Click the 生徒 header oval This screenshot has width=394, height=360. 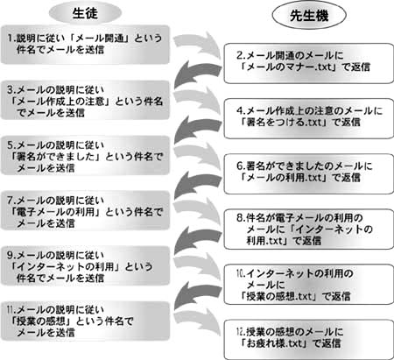(85, 13)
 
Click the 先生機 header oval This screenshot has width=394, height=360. (309, 15)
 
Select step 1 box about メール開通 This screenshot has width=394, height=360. (85, 45)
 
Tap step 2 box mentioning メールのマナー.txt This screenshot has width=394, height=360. (309, 63)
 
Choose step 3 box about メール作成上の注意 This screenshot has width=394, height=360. (85, 100)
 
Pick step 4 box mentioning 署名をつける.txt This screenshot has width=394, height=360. (309, 118)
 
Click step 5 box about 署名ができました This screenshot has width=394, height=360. (85, 155)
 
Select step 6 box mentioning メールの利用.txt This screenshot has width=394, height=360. (309, 173)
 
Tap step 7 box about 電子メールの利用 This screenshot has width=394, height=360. (85, 210)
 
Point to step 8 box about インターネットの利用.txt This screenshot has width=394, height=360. (309, 229)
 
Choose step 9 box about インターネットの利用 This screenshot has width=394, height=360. (85, 265)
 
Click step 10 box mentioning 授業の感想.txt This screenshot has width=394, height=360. (309, 285)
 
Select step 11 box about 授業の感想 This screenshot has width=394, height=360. (85, 321)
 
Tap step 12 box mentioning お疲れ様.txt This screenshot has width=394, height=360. (309, 340)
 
